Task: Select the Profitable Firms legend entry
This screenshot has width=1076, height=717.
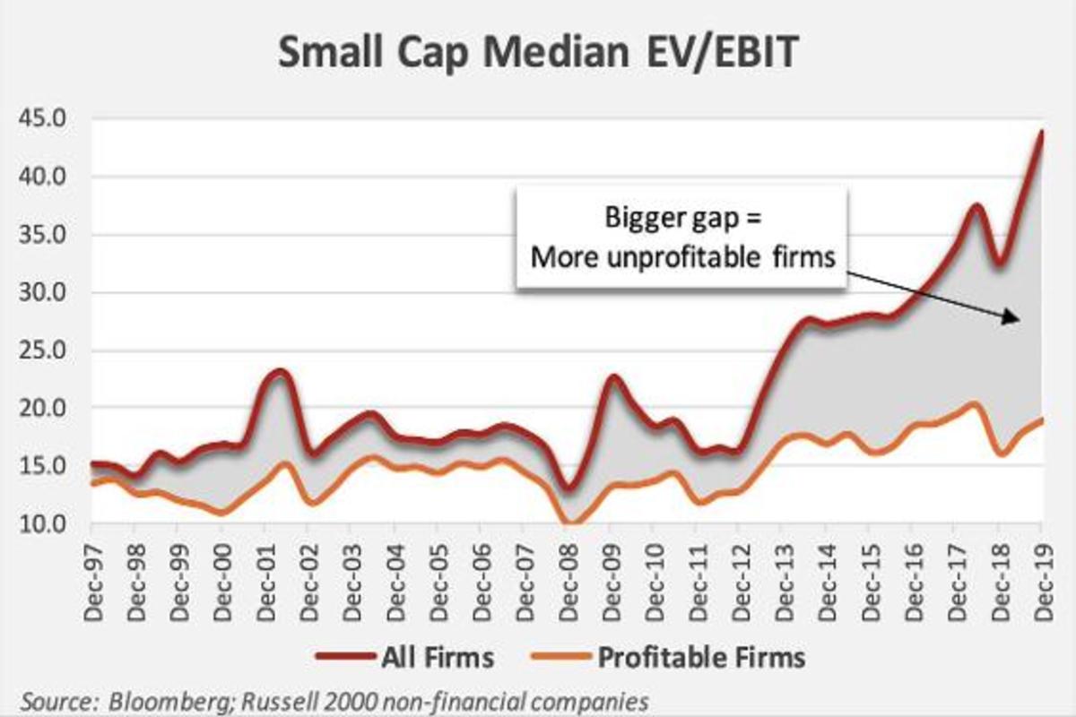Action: coord(701,657)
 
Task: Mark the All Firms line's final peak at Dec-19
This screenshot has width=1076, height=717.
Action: coord(1042,132)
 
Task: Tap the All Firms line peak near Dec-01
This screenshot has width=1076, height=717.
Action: coord(280,371)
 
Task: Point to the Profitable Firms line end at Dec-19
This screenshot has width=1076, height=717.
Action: coord(1042,419)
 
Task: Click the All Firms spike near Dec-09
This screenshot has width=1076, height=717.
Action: coord(613,376)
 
